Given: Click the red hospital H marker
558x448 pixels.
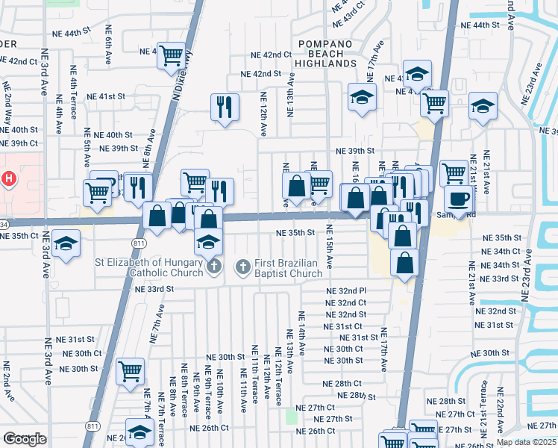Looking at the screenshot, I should pyautogui.click(x=9, y=179).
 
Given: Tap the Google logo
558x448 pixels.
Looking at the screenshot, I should pyautogui.click(x=25, y=439).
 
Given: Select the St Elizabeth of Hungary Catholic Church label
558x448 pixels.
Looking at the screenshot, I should pyautogui.click(x=149, y=267).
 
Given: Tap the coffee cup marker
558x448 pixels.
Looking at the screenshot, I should pyautogui.click(x=459, y=199).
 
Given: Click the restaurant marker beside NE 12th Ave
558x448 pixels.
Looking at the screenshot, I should pyautogui.click(x=224, y=106).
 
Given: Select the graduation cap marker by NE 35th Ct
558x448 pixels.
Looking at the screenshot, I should pyautogui.click(x=66, y=245).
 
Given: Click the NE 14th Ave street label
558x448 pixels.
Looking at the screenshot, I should pyautogui.click(x=302, y=333).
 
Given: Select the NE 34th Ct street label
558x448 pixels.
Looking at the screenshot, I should pyautogui.click(x=501, y=251).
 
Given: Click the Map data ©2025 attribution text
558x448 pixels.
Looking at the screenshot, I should pyautogui.click(x=526, y=442).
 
